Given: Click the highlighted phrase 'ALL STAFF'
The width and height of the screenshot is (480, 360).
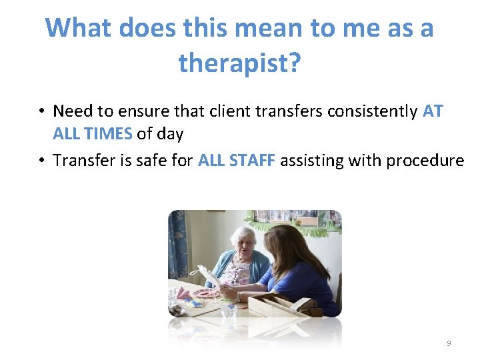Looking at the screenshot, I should pyautogui.click(x=237, y=160).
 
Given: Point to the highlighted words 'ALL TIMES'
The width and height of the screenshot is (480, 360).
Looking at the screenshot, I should pyautogui.click(x=93, y=133).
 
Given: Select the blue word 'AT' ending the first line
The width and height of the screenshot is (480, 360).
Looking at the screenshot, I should pyautogui.click(x=433, y=111).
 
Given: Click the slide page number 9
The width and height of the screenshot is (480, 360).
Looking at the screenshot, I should pyautogui.click(x=449, y=343).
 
